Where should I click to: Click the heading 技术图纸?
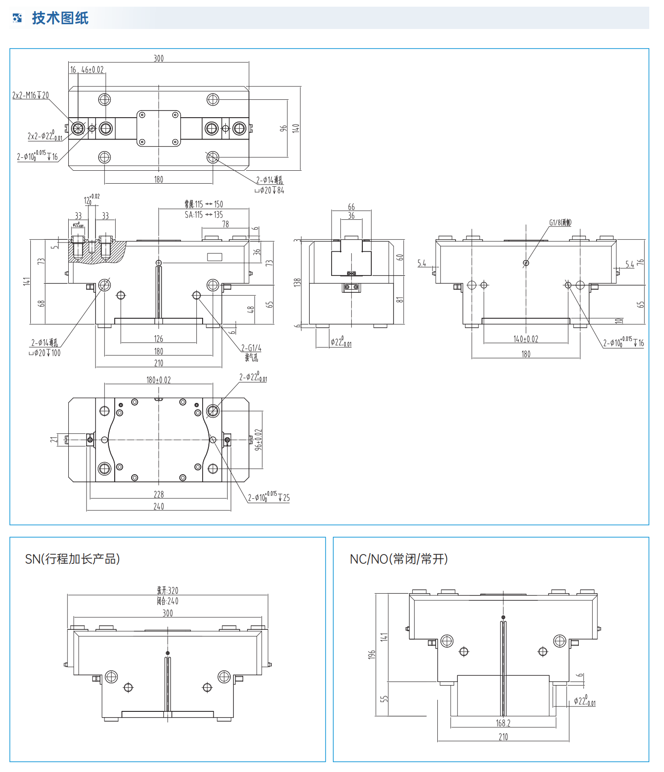pos(60,18)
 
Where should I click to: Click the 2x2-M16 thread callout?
pos(30,95)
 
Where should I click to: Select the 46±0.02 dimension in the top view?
pos(92,70)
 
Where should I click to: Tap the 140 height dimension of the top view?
pos(295,128)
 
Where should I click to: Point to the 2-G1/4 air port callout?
pos(251,348)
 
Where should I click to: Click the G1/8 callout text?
pos(560,222)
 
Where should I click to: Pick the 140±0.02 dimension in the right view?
pos(526,339)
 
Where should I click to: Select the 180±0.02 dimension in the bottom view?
pos(158,380)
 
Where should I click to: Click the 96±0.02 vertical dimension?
pos(258,440)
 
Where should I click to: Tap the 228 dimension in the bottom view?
pos(158,494)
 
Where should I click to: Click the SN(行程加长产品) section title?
pos(72,559)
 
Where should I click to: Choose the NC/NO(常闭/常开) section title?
pos(398,559)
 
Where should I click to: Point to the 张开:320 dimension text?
pos(167,591)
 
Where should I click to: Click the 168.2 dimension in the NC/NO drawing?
pos(503,723)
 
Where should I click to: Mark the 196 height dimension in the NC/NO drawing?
pos(372,655)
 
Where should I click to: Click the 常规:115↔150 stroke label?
pos(204,204)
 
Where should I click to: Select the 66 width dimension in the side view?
pos(351,207)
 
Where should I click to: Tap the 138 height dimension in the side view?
pos(297,282)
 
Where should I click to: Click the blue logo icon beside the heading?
pos(17,18)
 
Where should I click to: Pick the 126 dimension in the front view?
pos(158,339)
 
